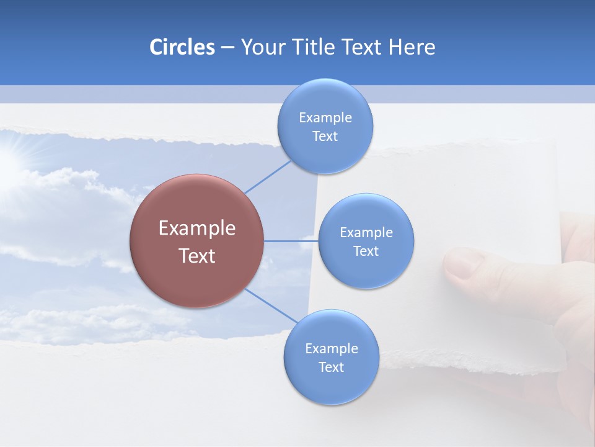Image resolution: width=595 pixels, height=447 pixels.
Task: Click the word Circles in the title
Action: [x=182, y=47]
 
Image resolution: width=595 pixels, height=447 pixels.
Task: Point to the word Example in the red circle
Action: [x=196, y=228]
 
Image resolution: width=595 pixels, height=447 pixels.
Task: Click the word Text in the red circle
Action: [x=196, y=256]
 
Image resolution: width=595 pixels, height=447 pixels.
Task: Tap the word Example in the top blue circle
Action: [x=325, y=118]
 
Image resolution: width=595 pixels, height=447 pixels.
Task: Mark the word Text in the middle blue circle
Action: [x=366, y=251]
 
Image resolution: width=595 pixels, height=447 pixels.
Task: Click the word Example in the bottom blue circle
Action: [x=331, y=349]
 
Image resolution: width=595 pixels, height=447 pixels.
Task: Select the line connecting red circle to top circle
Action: [x=268, y=177]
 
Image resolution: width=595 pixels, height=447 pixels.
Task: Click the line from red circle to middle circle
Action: [x=291, y=241]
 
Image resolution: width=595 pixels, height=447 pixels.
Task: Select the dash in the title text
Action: [x=227, y=48]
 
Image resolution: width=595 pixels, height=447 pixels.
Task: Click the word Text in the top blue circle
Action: [x=325, y=137]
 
